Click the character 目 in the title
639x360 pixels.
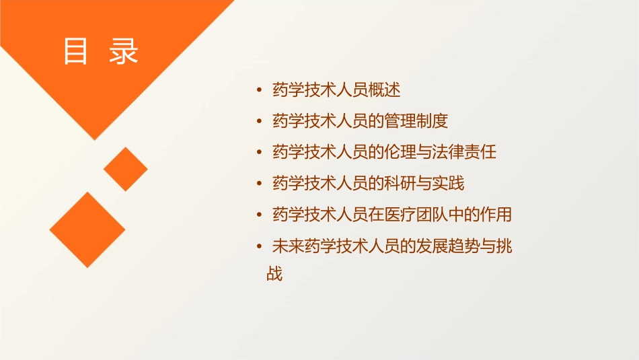coord(75,51)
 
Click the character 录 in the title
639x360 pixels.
coord(124,51)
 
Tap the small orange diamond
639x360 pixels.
coord(126,169)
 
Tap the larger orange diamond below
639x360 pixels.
coord(87,229)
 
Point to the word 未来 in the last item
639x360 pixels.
coord(288,247)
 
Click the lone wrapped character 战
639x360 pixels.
coord(274,274)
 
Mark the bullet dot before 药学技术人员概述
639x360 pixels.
coord(260,89)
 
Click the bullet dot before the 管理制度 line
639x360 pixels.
coord(260,121)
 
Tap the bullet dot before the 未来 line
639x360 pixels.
coord(260,247)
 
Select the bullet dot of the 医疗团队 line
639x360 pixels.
coord(260,215)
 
